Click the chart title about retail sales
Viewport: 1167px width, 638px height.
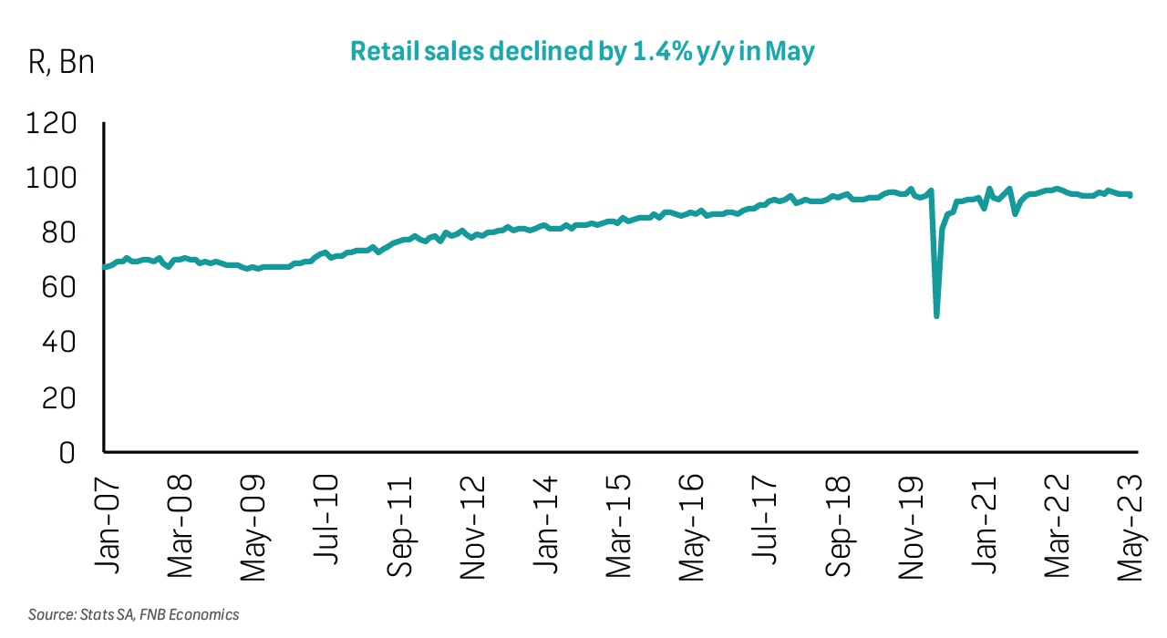pos(583,52)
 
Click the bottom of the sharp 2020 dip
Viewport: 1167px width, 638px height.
pos(936,315)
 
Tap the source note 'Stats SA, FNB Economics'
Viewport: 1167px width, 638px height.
pos(134,614)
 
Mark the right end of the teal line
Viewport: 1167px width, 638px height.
pos(1131,194)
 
